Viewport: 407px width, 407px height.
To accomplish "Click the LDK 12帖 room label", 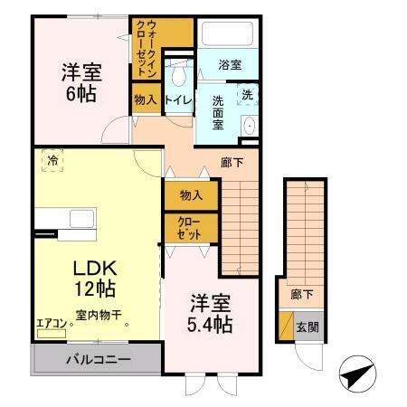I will (93, 279).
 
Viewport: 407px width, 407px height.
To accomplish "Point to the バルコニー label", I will (98, 359).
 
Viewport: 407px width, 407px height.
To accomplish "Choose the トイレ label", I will (177, 99).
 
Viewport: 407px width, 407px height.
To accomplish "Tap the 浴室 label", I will (230, 65).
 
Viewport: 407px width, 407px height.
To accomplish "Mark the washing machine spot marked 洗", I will (245, 95).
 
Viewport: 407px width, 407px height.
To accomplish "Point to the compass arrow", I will (357, 373).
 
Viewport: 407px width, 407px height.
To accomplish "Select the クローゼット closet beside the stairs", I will (190, 226).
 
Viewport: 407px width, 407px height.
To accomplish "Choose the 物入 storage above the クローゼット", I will (190, 194).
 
